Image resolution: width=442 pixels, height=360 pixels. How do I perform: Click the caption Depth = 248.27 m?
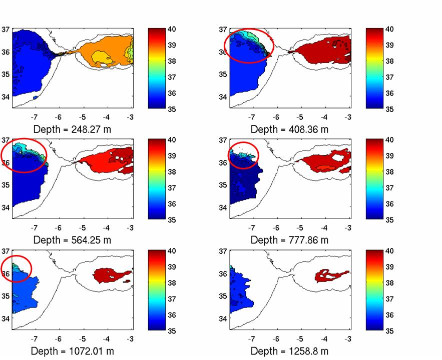(x=72, y=129)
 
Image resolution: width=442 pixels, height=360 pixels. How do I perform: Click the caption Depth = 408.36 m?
(x=289, y=129)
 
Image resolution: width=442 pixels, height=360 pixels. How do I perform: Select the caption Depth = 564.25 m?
(x=72, y=240)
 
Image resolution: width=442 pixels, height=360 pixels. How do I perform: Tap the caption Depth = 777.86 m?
(x=289, y=240)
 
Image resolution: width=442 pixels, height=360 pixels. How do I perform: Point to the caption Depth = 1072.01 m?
(x=72, y=351)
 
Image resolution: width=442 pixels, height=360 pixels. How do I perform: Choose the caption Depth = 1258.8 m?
(x=289, y=351)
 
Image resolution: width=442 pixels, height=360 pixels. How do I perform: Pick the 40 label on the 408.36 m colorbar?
(x=388, y=29)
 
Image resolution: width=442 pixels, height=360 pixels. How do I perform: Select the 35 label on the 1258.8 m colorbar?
(x=388, y=331)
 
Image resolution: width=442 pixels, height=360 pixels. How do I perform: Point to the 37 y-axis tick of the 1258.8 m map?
(x=222, y=251)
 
